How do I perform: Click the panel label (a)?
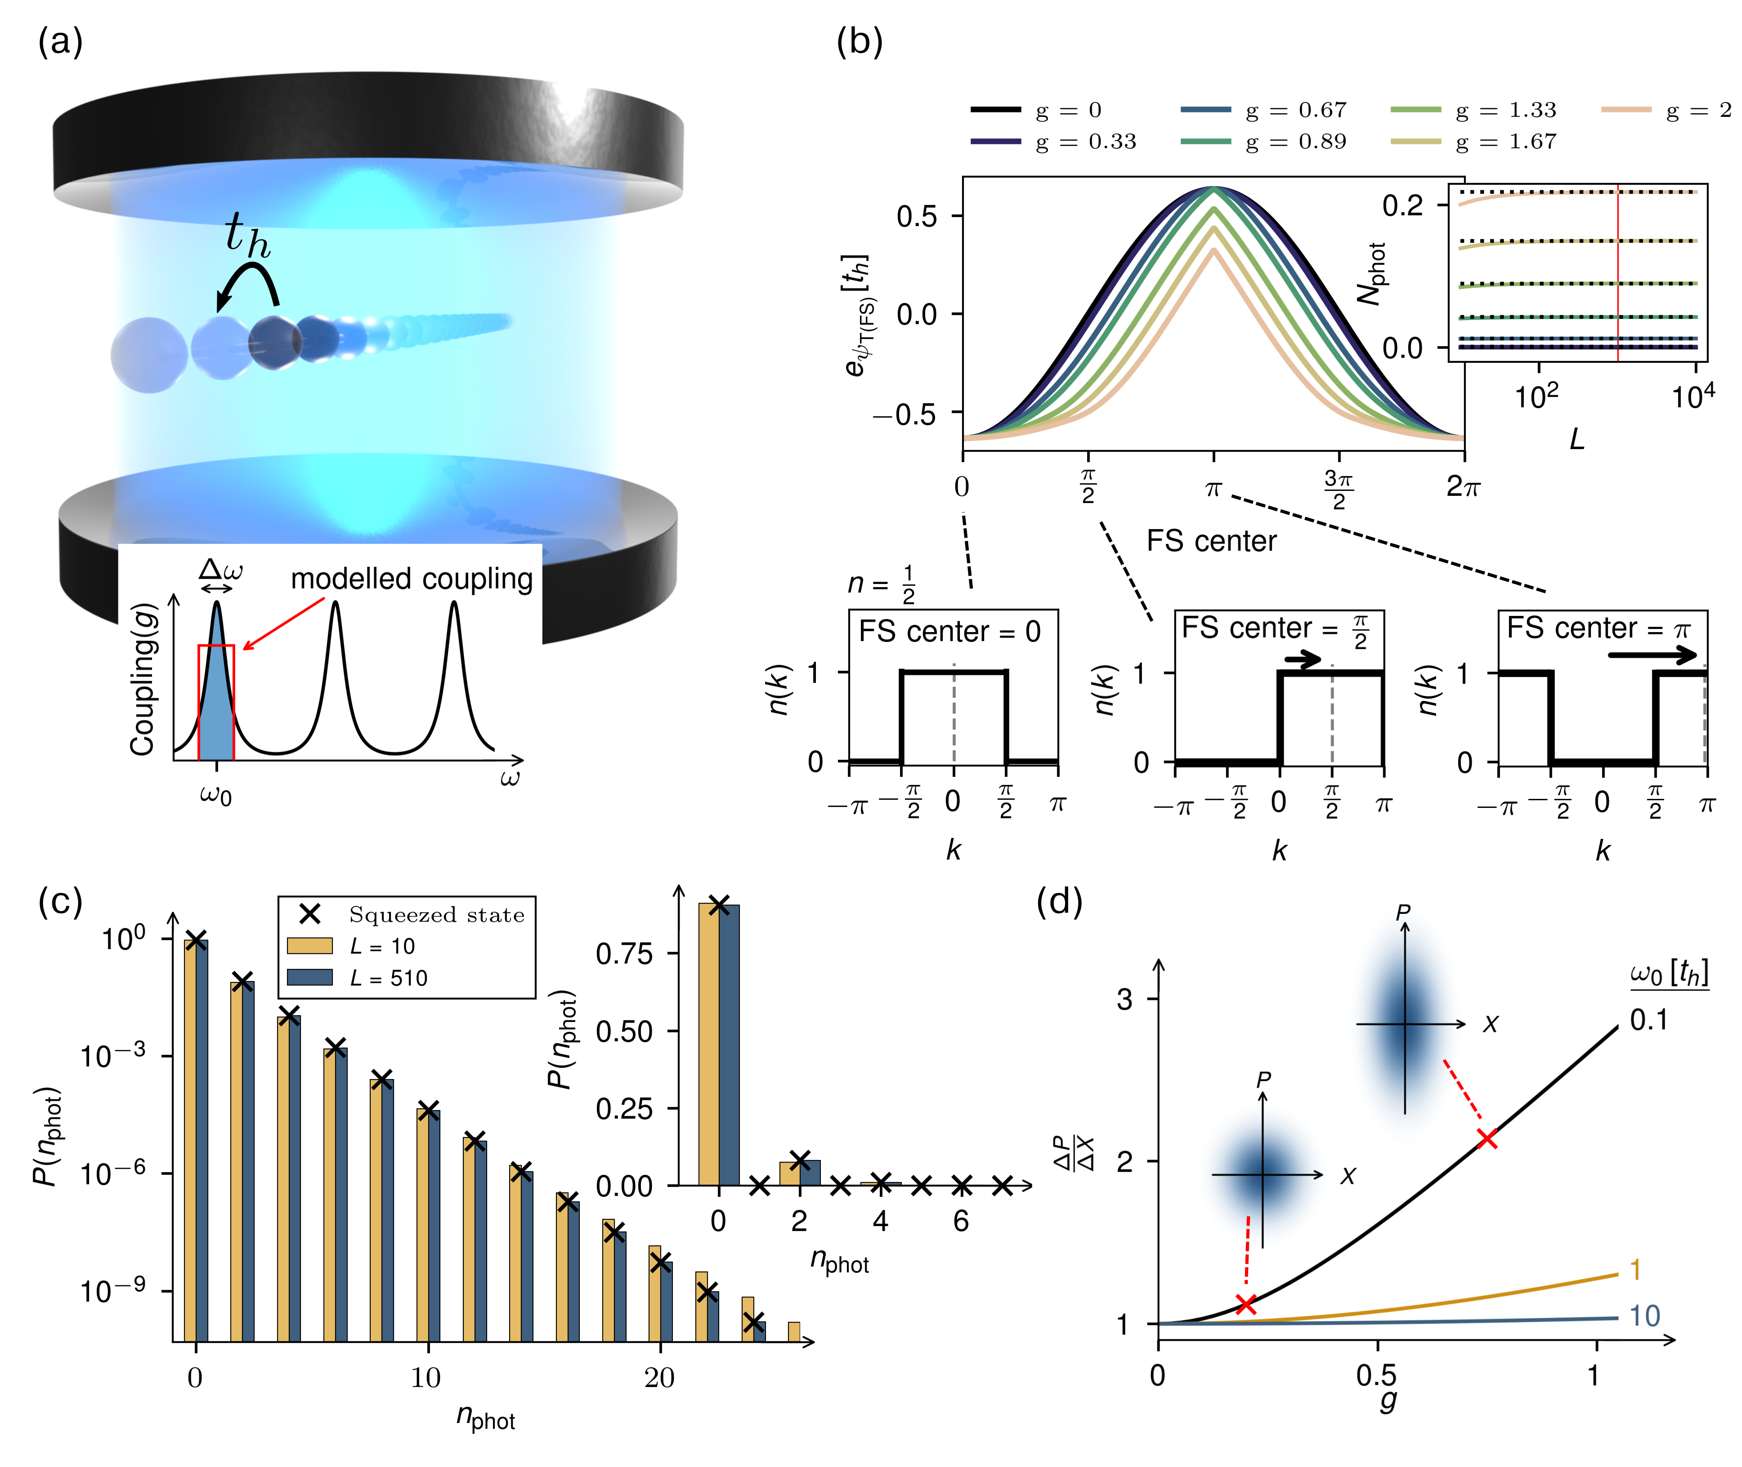click(x=60, y=41)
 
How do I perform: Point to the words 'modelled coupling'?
click(x=412, y=579)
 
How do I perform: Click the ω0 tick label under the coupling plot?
click(x=215, y=794)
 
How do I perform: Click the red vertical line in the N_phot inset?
click(x=1617, y=274)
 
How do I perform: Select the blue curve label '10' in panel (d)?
click(x=1644, y=1315)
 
